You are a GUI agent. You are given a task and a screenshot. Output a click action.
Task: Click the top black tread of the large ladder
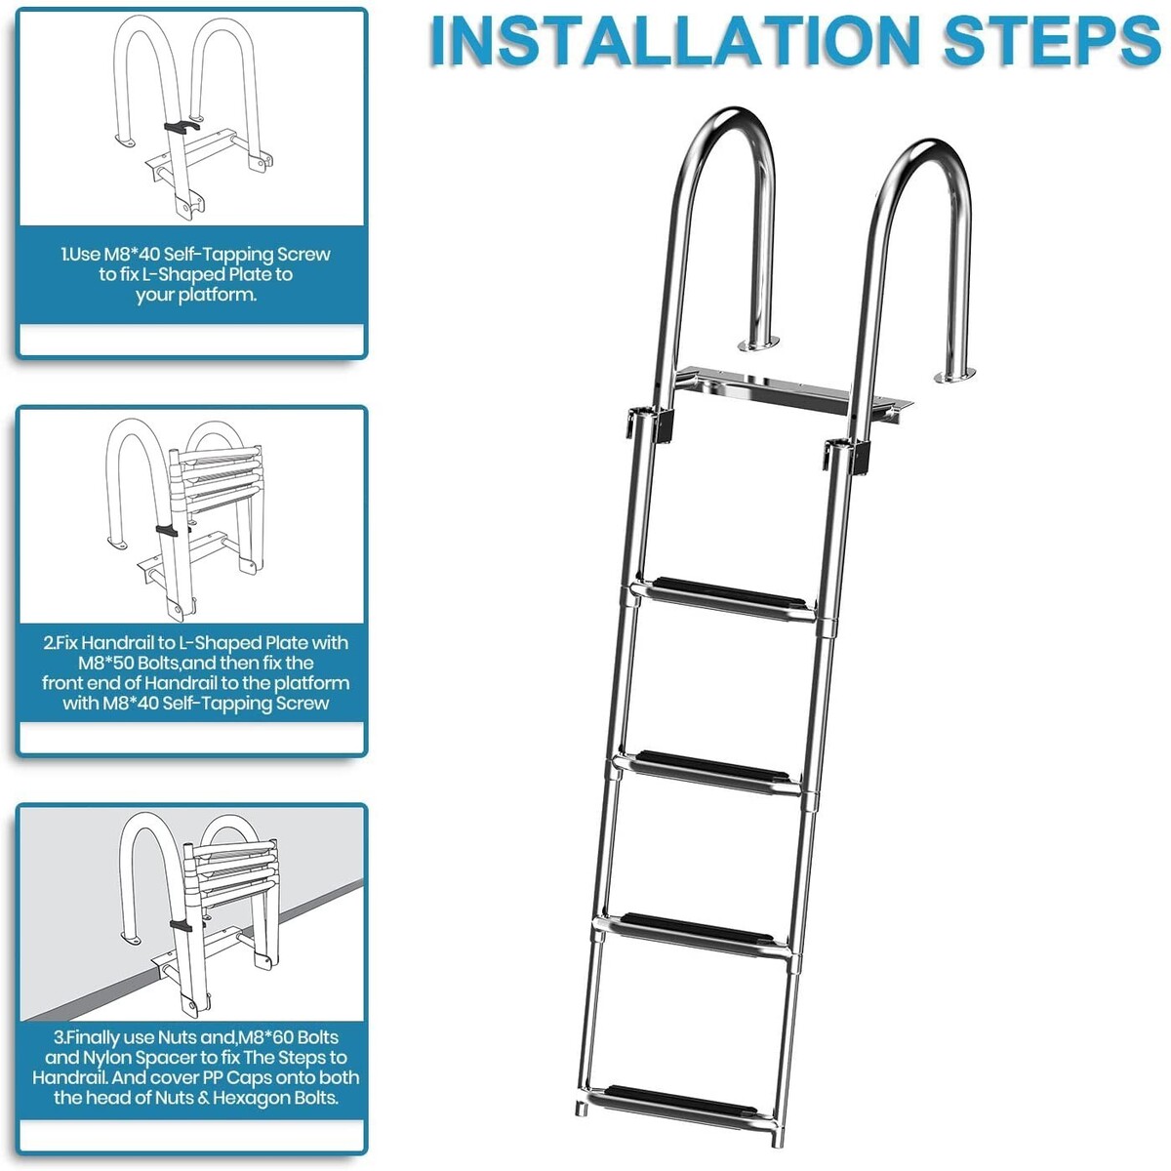(x=729, y=595)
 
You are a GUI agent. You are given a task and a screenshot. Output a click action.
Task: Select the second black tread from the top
(x=712, y=768)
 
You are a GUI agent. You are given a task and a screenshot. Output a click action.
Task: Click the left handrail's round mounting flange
(x=758, y=345)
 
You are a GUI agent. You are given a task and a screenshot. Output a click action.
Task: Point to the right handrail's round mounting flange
(x=955, y=376)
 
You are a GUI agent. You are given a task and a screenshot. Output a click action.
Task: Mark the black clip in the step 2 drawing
(x=168, y=530)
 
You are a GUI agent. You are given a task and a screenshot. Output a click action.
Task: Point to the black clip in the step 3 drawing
(x=182, y=926)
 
